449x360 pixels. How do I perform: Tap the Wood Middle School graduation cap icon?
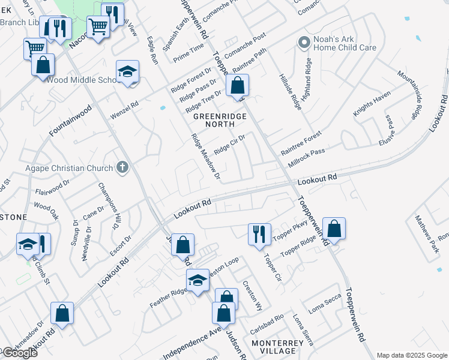(x=128, y=72)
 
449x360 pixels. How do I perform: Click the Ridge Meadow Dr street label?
(x=206, y=157)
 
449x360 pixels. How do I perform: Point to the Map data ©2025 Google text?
(x=412, y=355)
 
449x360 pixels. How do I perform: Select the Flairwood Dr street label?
(x=53, y=191)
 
